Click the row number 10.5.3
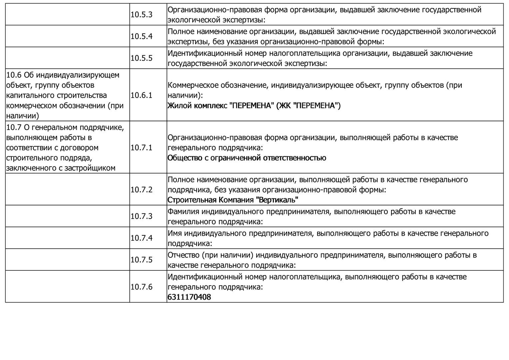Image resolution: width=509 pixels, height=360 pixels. click(141, 15)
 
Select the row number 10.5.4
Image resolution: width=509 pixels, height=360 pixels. click(141, 36)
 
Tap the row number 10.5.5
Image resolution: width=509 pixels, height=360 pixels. click(141, 58)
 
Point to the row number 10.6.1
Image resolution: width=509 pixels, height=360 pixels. click(141, 95)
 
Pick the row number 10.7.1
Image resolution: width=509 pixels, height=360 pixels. click(141, 148)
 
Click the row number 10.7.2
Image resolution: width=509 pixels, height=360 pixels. click(141, 190)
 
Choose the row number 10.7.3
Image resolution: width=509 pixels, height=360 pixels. click(141, 216)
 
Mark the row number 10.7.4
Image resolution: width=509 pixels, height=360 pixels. click(141, 238)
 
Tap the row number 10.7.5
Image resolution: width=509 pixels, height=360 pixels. click(141, 260)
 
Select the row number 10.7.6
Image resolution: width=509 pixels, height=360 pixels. click(141, 287)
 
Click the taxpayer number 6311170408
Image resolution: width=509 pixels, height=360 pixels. click(189, 297)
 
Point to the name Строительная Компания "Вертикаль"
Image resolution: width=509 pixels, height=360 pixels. click(233, 200)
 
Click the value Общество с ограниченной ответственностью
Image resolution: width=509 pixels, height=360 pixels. click(247, 158)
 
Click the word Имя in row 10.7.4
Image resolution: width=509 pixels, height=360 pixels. click(175, 233)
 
